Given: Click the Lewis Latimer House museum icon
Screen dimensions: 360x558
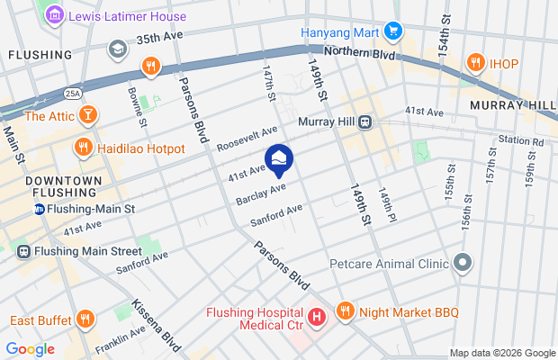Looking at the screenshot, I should tap(54, 16).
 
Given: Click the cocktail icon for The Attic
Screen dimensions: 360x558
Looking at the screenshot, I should tap(88, 114).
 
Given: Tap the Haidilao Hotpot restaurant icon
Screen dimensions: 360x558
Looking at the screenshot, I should tap(83, 147).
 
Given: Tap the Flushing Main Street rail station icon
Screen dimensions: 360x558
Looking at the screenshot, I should tap(22, 251).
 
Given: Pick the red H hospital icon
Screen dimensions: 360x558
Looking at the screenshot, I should tap(316, 318).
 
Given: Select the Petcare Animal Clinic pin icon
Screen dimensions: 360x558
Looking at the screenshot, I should tap(463, 264).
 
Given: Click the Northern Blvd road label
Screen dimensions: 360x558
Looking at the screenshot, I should tap(361, 54).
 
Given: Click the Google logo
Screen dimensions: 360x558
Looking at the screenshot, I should tap(30, 349).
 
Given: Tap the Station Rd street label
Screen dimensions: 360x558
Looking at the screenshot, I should tap(524, 140).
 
